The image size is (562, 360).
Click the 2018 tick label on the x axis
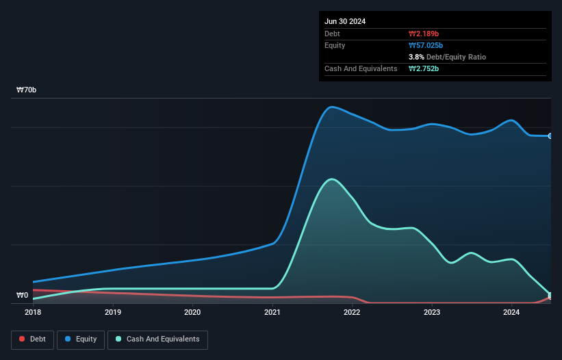tap(33, 313)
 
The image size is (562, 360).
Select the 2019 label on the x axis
tap(113, 313)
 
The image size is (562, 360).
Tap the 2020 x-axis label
tap(192, 313)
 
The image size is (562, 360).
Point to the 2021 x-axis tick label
tap(272, 313)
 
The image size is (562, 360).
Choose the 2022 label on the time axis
tap(352, 313)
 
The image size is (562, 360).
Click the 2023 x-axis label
tap(432, 313)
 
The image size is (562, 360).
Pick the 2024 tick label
tap(511, 313)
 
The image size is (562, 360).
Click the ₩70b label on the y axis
tap(27, 90)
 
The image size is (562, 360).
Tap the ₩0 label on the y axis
tap(23, 296)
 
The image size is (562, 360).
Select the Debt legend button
tap(32, 339)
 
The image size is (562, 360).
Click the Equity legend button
tap(81, 339)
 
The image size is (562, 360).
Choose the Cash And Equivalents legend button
tap(157, 339)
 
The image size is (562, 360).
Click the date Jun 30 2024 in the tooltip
tap(345, 21)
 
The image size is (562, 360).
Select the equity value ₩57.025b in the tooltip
tap(426, 45)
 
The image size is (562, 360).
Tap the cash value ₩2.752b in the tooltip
tap(424, 68)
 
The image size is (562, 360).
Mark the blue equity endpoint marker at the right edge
tap(550, 136)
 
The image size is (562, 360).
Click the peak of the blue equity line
tap(332, 107)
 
